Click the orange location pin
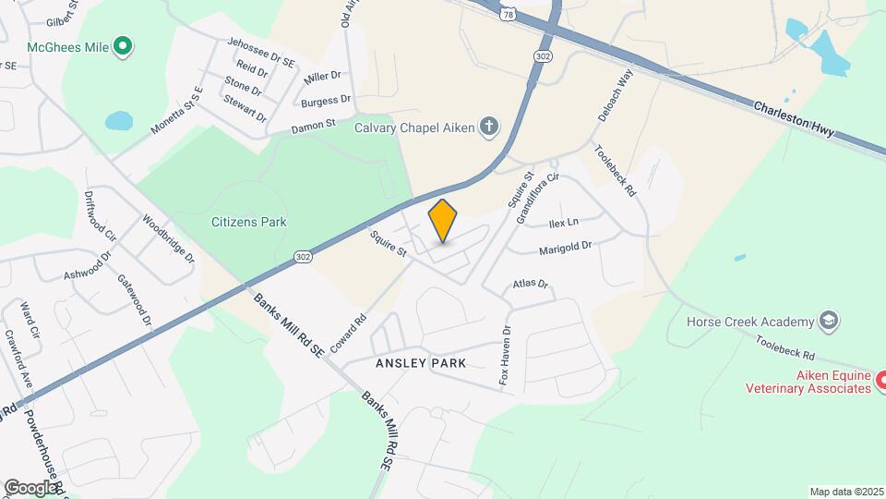(443, 221)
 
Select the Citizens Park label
(248, 222)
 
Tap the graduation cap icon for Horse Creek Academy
(829, 321)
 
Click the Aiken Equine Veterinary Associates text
(808, 383)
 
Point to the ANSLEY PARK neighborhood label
(421, 363)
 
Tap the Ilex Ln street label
(563, 223)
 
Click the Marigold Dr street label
(565, 247)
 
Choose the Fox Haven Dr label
(505, 356)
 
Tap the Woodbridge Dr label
(168, 240)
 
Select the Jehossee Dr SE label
(260, 52)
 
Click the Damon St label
(310, 128)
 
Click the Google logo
(30, 487)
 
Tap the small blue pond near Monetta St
(118, 121)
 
